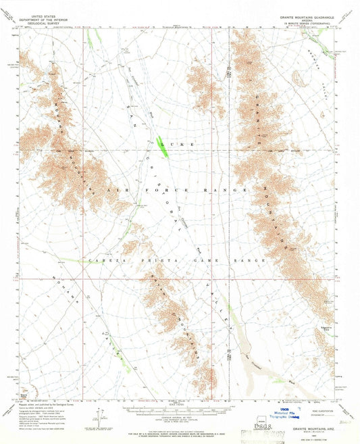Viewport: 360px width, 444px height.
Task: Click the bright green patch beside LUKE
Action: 161,143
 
